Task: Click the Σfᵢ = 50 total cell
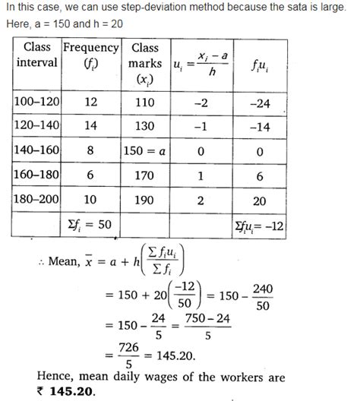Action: click(x=91, y=225)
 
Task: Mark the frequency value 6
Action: click(x=90, y=175)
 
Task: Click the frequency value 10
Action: click(x=90, y=200)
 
